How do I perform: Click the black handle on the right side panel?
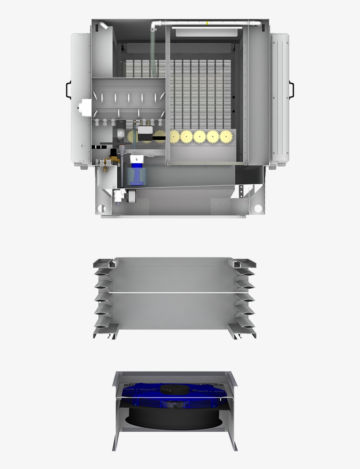292,89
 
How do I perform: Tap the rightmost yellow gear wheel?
226,136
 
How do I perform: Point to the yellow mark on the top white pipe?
207,22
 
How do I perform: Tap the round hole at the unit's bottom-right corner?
258,208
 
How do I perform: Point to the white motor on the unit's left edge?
83,107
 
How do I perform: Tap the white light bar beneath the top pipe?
206,32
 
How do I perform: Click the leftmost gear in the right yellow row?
175,136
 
